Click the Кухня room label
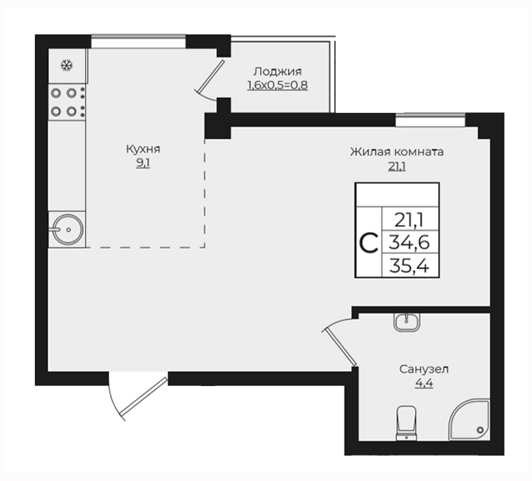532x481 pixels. (x=143, y=149)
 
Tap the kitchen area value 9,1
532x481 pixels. (x=143, y=164)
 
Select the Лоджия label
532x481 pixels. (x=277, y=71)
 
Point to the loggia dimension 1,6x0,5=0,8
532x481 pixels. (x=277, y=85)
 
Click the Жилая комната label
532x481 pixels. (x=397, y=151)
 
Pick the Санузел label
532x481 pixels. (x=424, y=369)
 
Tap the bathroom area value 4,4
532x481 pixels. (x=424, y=384)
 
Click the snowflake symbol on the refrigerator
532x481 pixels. (x=66, y=65)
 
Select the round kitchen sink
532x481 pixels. (x=68, y=229)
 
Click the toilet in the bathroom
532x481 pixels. (x=406, y=423)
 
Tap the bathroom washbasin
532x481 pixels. (x=407, y=321)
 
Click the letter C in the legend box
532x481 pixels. (x=368, y=243)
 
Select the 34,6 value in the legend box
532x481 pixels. (x=409, y=242)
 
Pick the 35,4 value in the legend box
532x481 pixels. (x=409, y=266)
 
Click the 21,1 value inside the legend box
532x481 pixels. (x=409, y=221)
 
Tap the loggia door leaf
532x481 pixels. (x=211, y=76)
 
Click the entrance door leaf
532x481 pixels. (x=143, y=396)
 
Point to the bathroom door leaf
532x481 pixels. (x=340, y=347)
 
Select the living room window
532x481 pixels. (x=431, y=120)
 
